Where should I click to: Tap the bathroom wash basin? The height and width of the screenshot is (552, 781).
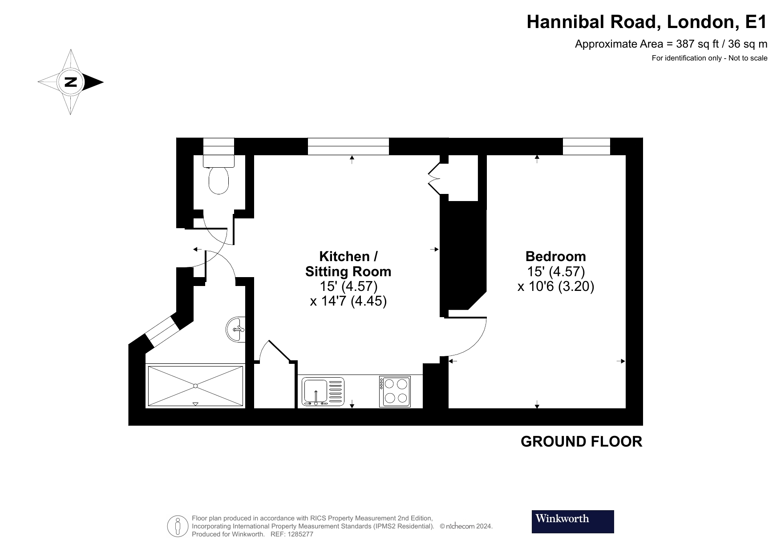click(236, 330)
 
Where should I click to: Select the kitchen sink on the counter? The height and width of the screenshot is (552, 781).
click(316, 392)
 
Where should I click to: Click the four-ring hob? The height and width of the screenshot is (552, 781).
click(396, 391)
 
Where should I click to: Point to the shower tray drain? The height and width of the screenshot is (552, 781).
click(195, 385)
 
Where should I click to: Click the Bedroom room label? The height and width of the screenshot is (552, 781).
click(555, 257)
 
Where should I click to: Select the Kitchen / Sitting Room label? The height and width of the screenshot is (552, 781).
click(348, 264)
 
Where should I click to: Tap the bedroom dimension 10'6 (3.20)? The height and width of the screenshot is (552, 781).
click(556, 286)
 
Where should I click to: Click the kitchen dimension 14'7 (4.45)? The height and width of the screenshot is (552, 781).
click(348, 302)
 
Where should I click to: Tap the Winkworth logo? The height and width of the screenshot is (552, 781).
click(572, 521)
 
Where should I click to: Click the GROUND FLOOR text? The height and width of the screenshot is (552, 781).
click(581, 442)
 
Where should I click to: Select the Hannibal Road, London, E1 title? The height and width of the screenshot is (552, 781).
click(647, 22)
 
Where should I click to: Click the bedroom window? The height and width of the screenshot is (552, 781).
click(586, 146)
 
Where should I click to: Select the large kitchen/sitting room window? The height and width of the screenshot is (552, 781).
click(348, 146)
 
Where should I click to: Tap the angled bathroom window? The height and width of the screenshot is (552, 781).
click(162, 331)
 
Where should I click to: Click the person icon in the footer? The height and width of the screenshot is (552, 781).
click(178, 526)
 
